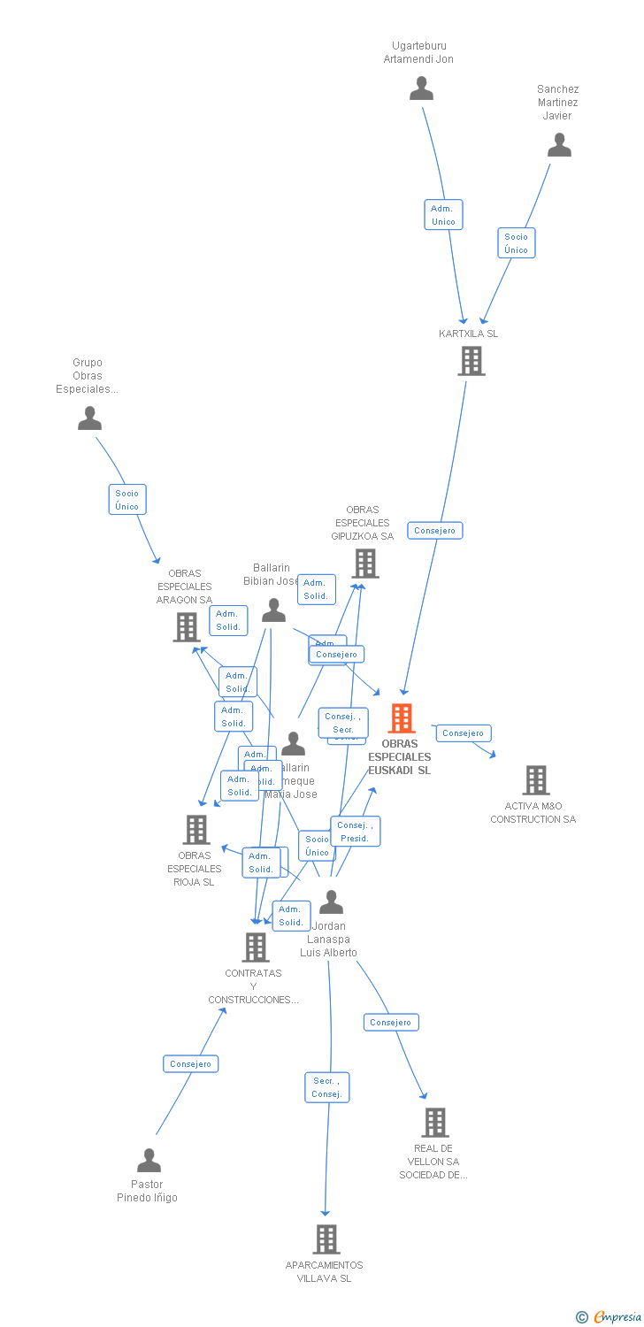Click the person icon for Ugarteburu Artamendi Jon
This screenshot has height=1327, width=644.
[x=422, y=88]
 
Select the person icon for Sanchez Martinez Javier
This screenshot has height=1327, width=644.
[x=559, y=145]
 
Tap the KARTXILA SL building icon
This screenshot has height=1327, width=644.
[x=471, y=361]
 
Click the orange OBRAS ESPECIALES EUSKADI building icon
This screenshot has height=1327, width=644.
[x=402, y=718]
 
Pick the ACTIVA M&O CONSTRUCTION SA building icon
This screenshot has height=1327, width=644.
[x=535, y=780]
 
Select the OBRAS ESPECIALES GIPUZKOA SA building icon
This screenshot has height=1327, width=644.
[x=364, y=564]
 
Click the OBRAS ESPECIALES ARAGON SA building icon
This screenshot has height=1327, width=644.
[x=186, y=627]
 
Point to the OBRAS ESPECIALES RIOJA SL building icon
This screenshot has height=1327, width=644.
[x=195, y=830]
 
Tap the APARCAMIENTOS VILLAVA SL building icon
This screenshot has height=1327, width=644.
[x=326, y=1239]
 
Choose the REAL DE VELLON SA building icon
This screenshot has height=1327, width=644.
[x=434, y=1123]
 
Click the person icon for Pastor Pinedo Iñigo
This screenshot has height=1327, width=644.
[x=149, y=1160]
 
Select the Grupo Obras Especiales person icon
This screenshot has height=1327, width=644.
[x=89, y=418]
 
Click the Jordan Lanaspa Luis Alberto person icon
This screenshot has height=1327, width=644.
[x=331, y=902]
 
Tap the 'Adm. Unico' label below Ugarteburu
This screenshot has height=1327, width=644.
[x=443, y=215]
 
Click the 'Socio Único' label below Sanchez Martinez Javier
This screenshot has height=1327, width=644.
[x=517, y=242]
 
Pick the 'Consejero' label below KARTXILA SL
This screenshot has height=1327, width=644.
[x=435, y=531]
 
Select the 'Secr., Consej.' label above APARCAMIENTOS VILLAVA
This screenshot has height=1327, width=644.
[x=326, y=1087]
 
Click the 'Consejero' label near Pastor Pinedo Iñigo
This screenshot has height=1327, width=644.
[x=190, y=1063]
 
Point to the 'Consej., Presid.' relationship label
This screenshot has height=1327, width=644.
[x=355, y=832]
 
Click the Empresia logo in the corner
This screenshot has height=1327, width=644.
[x=609, y=1317]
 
